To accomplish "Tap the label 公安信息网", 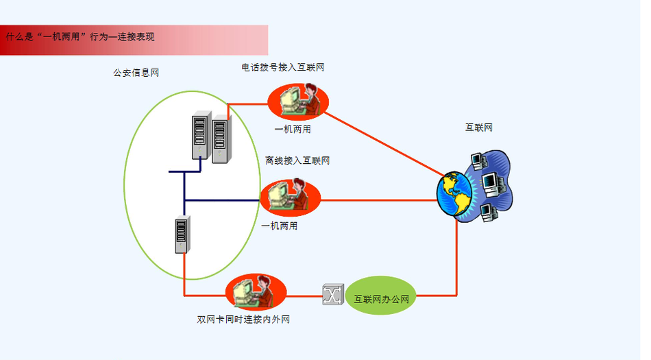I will pos(136,73).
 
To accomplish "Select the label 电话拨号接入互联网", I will pos(282,67).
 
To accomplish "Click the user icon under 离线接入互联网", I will pos(290,197).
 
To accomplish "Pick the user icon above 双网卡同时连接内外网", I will pos(255,293).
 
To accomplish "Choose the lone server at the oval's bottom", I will pos(182,235).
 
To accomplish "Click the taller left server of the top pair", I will pos(200,136).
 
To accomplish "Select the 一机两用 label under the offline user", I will pos(280,226).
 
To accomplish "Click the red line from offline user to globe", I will pos(377,201).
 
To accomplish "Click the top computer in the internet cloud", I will pos(479,162).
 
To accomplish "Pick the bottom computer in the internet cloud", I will pos(488,213).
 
